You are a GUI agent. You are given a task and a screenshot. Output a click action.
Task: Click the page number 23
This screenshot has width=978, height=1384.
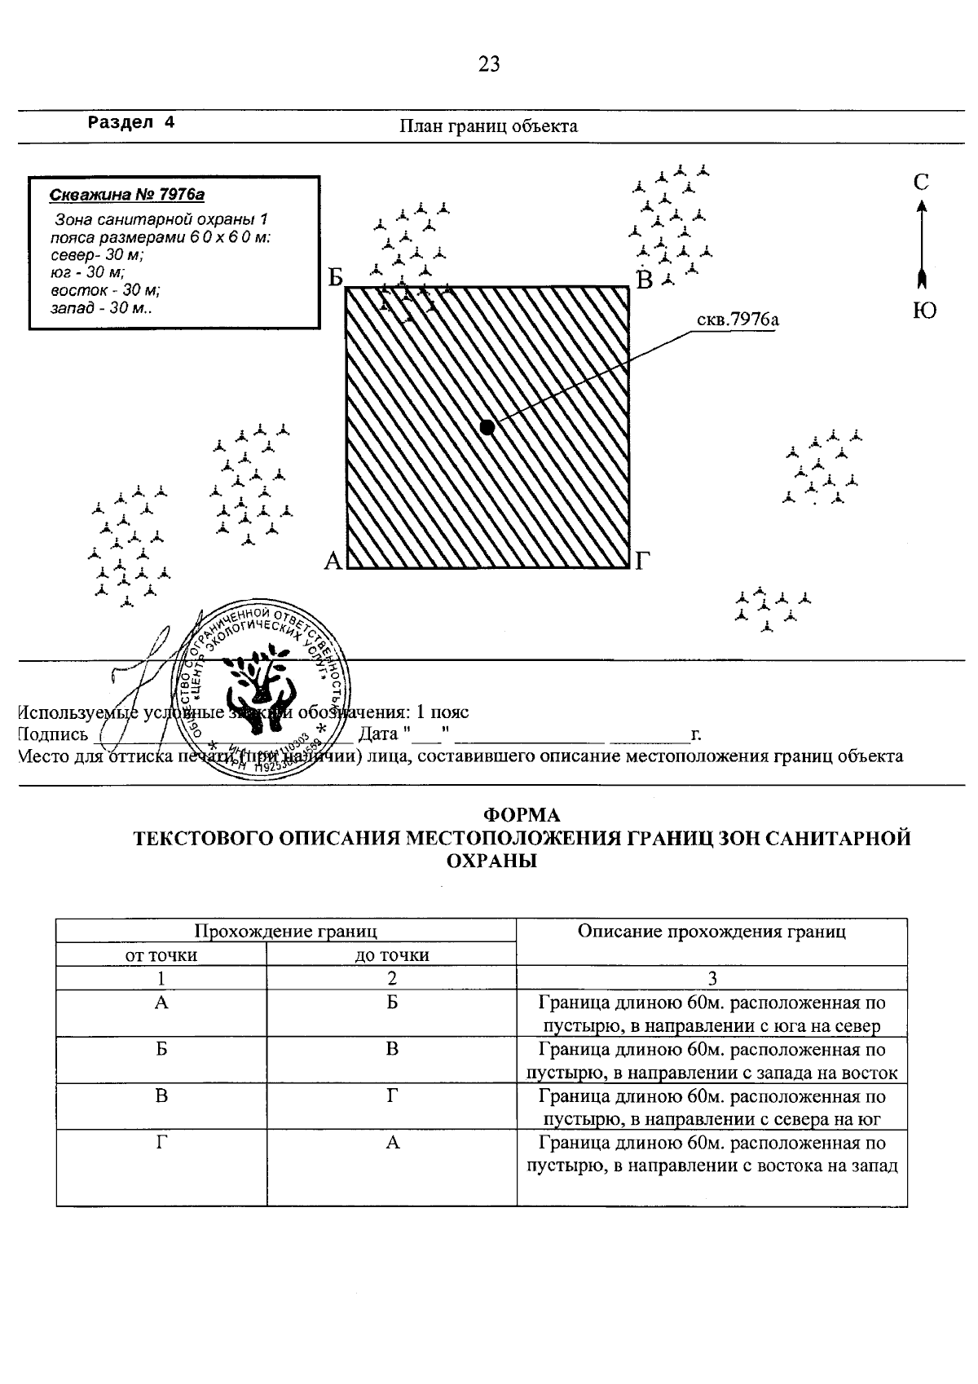tap(489, 64)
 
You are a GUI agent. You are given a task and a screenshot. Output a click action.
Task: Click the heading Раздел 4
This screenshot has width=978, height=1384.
tap(131, 123)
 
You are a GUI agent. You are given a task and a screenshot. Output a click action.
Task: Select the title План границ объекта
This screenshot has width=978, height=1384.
tap(488, 126)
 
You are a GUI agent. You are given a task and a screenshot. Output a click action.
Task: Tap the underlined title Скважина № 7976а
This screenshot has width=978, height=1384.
tap(126, 195)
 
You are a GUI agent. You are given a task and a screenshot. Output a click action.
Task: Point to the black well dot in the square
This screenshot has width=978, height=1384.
tap(487, 427)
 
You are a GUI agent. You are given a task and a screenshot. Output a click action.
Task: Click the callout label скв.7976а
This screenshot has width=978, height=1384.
tap(738, 320)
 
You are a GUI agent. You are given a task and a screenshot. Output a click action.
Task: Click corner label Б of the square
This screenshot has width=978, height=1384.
tap(336, 279)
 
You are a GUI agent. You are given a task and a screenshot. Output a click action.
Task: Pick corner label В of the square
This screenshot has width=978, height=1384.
tap(645, 281)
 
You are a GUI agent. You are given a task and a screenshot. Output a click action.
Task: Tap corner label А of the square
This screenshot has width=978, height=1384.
tap(333, 561)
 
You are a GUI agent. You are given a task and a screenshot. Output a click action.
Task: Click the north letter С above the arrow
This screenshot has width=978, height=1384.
tap(921, 183)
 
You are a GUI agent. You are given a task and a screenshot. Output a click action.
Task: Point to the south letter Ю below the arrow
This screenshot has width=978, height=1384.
tap(923, 311)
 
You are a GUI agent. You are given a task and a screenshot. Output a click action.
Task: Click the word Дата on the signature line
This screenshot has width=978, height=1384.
tap(378, 734)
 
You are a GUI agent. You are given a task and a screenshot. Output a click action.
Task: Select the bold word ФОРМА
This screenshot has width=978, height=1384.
tap(522, 815)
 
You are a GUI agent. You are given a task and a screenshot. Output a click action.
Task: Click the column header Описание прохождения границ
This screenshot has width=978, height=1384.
tap(711, 932)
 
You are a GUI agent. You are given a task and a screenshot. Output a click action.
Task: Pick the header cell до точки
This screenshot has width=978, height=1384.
tap(392, 955)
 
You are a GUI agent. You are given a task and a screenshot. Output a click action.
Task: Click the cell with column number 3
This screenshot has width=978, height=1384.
tap(711, 979)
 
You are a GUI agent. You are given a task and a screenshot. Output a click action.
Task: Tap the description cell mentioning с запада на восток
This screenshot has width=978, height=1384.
tap(711, 1060)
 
